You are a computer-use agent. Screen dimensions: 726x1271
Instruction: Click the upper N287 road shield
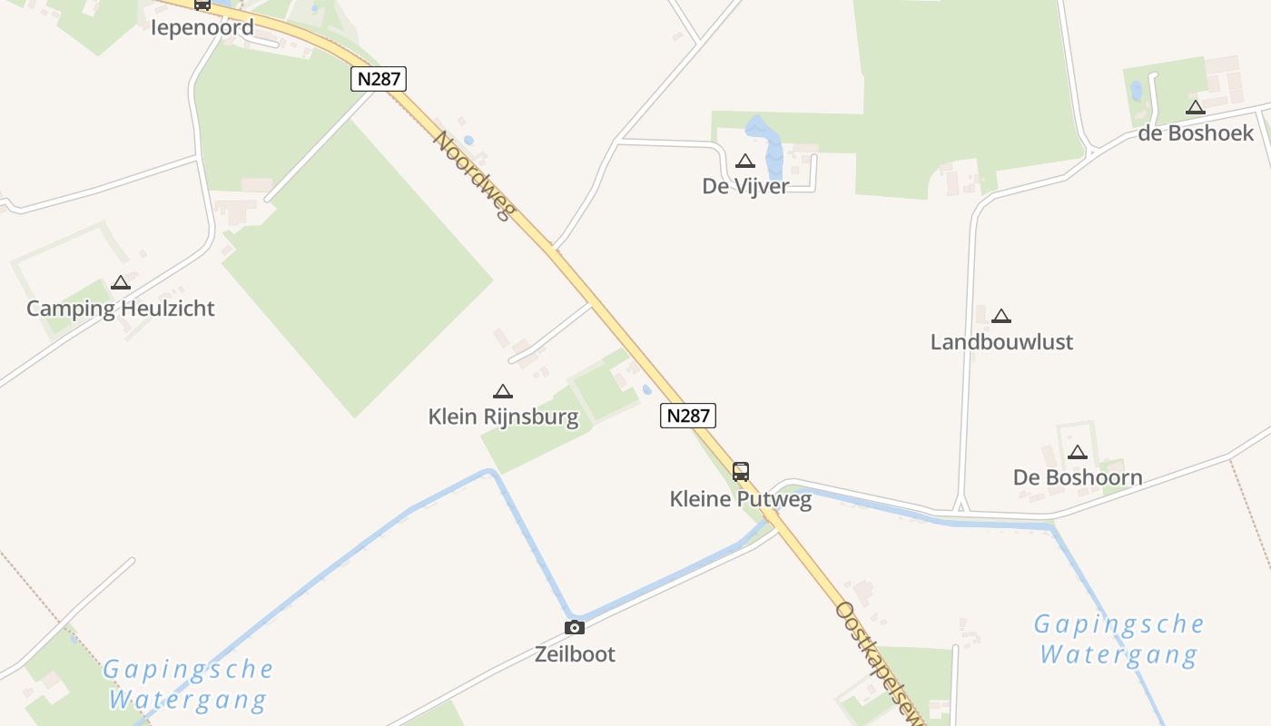pos(378,79)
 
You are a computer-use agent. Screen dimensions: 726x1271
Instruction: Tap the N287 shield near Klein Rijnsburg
pos(687,416)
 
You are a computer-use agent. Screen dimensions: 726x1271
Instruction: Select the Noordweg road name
pos(473,176)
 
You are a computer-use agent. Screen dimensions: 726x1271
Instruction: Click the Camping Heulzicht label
pos(121,309)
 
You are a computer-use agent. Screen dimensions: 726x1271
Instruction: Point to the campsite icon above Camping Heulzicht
pos(121,283)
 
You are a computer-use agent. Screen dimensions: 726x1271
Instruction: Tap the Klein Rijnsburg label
pos(503,417)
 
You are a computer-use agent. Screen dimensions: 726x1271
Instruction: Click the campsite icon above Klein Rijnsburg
pos(503,392)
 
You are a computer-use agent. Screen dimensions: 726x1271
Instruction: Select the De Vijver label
pos(745,186)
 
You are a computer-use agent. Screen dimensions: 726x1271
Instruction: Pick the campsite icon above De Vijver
pos(745,162)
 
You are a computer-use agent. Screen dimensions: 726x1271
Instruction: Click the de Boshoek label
pos(1196,133)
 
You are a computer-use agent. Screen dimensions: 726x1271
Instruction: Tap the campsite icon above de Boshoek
pos(1196,108)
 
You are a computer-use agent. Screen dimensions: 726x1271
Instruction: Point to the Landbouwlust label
pos(1001,342)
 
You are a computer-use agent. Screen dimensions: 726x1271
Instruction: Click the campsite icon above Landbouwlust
pos(1001,317)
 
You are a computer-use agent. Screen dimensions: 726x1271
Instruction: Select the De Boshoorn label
pos(1078,477)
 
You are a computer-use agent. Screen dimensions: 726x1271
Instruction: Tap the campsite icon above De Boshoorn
pos(1078,453)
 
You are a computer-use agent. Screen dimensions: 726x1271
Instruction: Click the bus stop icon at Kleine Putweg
pos(741,472)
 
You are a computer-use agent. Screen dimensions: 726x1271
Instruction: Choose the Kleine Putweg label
pos(741,499)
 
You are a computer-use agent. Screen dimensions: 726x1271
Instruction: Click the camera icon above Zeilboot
pos(574,627)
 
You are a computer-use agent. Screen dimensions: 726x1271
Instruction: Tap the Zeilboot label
pos(574,654)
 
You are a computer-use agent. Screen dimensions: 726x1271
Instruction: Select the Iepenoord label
pos(202,27)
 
